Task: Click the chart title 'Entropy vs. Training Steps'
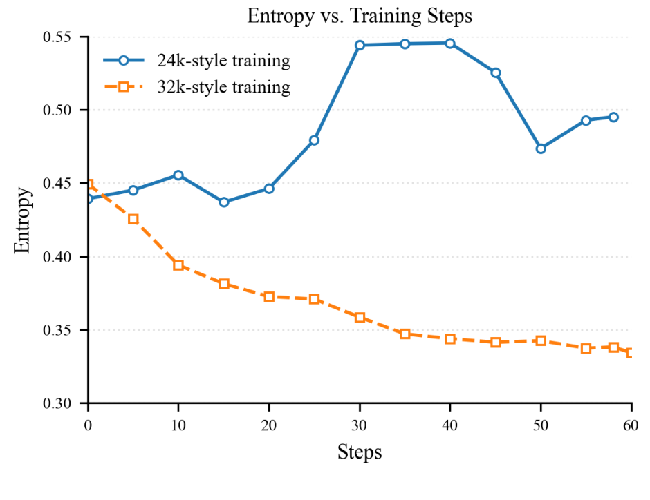[x=360, y=16]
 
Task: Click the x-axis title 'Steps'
[x=360, y=452]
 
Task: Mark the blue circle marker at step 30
[x=360, y=45]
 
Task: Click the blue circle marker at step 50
[x=541, y=148]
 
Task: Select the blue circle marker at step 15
[x=224, y=202]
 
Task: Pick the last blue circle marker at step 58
[x=613, y=117]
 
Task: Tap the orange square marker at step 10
[x=178, y=265]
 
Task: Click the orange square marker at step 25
[x=315, y=299]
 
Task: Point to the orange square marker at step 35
[x=405, y=334]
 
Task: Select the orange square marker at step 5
[x=133, y=219]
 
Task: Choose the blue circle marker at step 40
[x=450, y=44]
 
